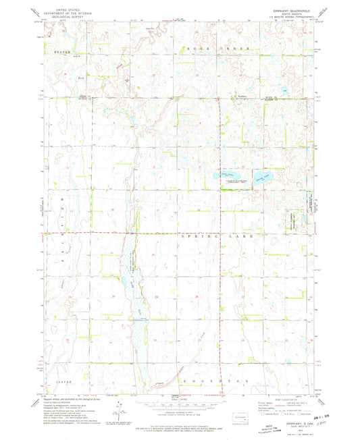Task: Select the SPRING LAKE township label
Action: [217, 237]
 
